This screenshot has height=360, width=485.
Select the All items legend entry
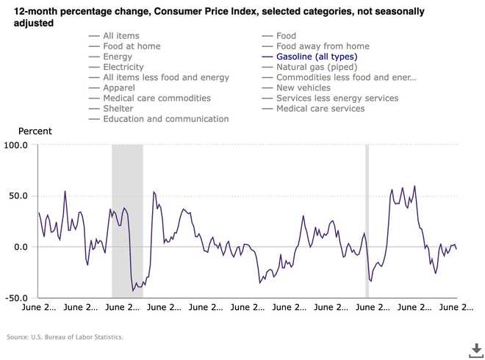point(121,36)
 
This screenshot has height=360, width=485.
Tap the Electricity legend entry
point(128,67)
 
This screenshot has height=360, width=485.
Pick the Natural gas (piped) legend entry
point(317,67)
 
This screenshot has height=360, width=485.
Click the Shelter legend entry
point(118,109)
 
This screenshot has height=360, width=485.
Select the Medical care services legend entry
point(320,109)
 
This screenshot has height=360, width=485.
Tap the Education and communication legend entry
point(165,119)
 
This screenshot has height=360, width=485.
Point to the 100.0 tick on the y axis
point(15,145)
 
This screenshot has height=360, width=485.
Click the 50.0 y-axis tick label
point(18,196)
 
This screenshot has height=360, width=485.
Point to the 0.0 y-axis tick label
point(21,247)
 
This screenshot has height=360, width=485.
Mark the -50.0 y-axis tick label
point(17,298)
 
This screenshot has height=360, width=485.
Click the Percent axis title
point(35,131)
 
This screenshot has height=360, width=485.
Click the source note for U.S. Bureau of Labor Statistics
point(65,337)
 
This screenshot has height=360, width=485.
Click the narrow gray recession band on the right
point(367,220)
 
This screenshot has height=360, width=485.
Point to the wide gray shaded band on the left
point(126,220)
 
